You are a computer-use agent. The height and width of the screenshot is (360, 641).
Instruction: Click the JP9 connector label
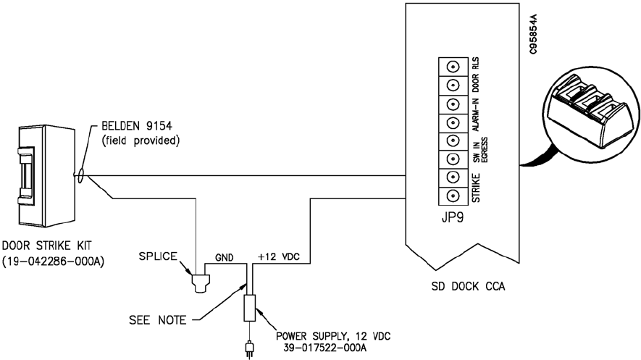(453, 218)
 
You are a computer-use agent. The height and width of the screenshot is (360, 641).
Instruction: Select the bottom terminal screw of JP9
(453, 196)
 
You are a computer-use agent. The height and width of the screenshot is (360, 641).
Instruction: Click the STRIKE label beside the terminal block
(477, 188)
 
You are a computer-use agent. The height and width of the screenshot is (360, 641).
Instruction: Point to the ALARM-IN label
(476, 115)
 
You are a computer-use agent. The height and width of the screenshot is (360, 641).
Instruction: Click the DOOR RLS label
(476, 75)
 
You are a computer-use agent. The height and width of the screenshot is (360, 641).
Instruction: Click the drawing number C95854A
(532, 34)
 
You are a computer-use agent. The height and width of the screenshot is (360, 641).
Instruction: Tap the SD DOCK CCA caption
(468, 286)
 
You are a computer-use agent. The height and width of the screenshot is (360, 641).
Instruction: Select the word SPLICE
(158, 256)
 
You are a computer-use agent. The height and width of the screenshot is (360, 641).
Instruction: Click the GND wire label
(225, 257)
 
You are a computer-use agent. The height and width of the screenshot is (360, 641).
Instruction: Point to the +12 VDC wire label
(279, 257)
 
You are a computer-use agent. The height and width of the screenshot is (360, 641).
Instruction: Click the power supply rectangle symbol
(249, 308)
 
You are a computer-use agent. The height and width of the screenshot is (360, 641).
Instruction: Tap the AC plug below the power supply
(249, 351)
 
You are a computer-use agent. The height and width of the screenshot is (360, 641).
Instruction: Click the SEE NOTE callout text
(158, 320)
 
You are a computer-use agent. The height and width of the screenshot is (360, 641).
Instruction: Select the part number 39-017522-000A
(325, 348)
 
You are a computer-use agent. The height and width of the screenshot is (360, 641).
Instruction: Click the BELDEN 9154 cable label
(137, 125)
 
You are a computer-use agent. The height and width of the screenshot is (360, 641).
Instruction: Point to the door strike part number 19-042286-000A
(53, 261)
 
